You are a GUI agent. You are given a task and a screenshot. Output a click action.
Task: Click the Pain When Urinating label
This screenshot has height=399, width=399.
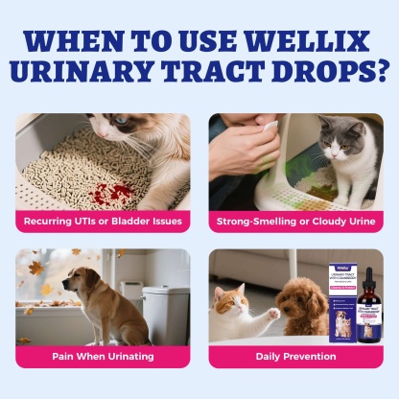point(104,355)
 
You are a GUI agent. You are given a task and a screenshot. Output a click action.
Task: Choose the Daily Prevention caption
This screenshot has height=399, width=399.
point(295,355)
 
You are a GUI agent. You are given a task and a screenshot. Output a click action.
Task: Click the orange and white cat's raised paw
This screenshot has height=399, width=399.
point(272,315)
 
